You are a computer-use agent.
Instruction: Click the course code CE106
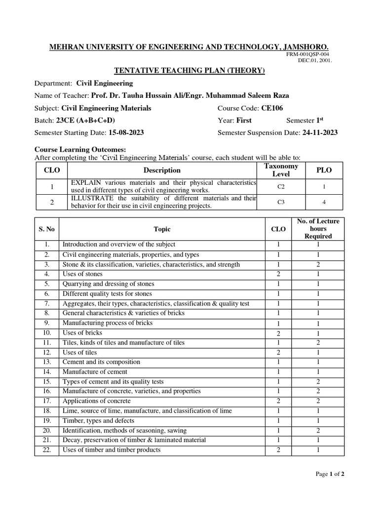click(272, 108)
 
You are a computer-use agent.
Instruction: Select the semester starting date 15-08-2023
click(125, 132)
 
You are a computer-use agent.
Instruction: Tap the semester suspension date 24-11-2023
click(319, 132)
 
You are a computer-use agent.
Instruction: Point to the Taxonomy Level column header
click(281, 170)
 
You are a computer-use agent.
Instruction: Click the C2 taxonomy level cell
click(281, 187)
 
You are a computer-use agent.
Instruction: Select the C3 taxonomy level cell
click(281, 202)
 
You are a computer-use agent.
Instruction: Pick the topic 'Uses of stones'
click(82, 274)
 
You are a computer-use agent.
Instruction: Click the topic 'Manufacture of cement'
click(95, 372)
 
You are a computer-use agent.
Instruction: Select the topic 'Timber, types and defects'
click(98, 421)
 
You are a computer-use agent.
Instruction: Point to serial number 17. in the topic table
click(47, 401)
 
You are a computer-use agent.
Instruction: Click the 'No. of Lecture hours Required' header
click(318, 229)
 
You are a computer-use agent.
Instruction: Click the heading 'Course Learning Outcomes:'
click(80, 150)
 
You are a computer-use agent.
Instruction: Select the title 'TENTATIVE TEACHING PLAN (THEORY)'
click(189, 71)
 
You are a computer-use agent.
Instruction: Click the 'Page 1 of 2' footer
click(330, 474)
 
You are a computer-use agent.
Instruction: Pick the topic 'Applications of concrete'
click(97, 401)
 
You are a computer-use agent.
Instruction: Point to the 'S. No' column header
click(47, 229)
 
